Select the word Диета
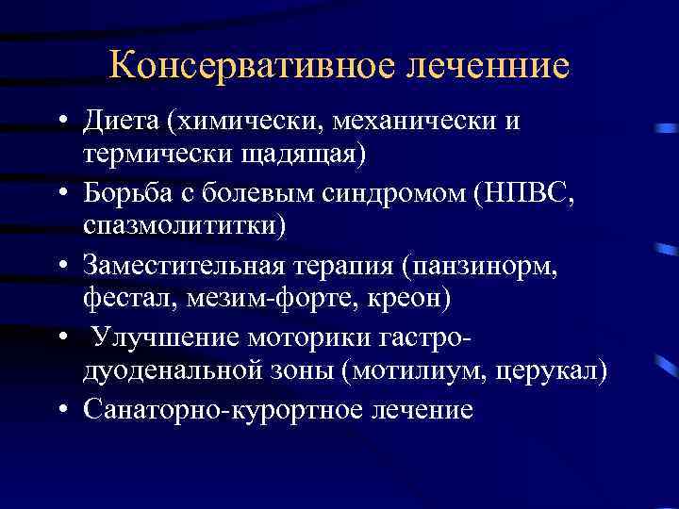point(123,123)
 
